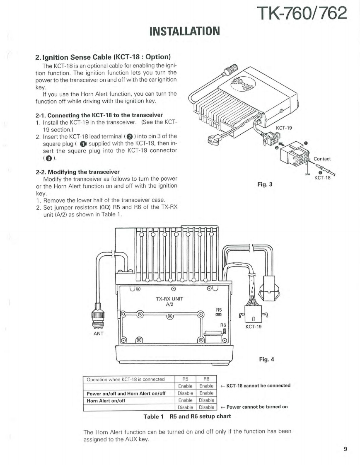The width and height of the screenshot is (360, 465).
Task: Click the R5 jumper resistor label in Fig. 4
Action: point(220,309)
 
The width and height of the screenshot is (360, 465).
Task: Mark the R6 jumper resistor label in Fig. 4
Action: point(223,325)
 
